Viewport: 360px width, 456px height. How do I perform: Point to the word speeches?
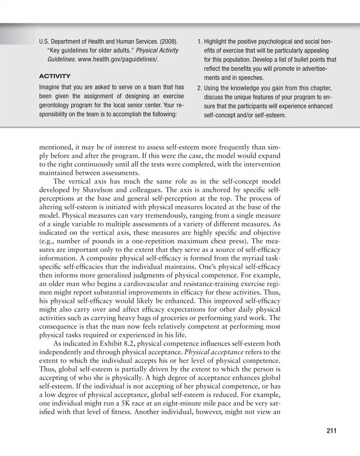pyautogui.click(x=248, y=78)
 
